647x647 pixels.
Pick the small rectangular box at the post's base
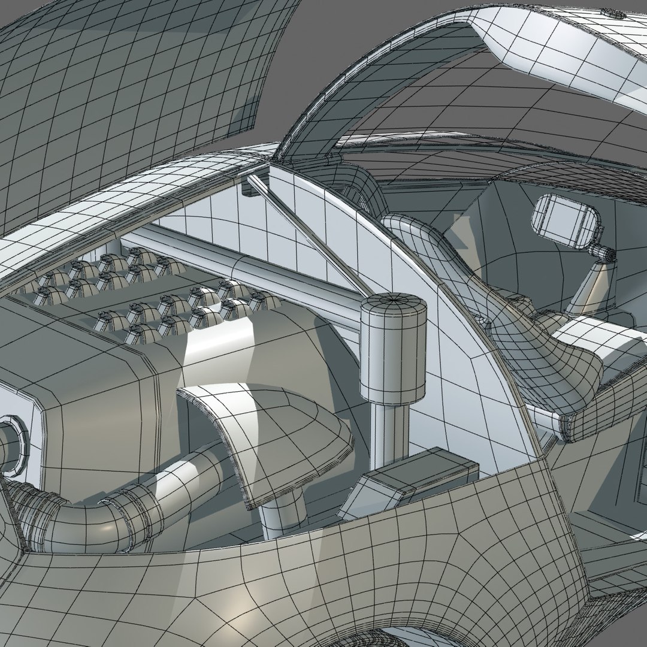point(407,479)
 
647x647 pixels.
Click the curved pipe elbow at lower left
point(78,515)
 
